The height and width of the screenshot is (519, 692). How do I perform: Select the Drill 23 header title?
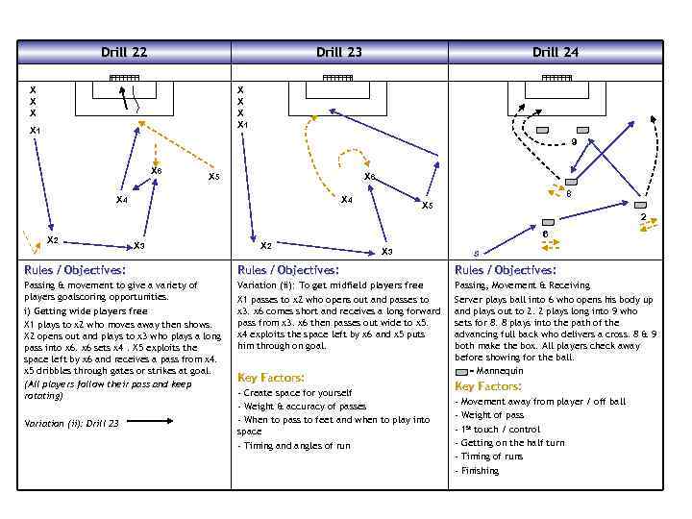339,52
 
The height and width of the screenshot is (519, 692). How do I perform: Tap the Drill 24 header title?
556,52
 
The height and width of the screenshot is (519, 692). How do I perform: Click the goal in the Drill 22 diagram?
124,78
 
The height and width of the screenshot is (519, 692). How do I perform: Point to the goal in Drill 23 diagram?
338,78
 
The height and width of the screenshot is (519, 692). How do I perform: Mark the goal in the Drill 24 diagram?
556,78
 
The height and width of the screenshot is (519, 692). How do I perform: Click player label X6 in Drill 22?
157,171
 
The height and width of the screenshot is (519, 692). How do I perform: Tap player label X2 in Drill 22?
53,240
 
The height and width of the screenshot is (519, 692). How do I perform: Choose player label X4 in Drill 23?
348,200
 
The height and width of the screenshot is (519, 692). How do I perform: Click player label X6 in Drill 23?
369,177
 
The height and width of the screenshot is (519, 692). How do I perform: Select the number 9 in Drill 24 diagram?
574,143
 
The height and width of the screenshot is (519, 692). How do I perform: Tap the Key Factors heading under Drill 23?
271,378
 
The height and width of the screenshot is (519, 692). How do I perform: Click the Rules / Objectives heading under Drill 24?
506,270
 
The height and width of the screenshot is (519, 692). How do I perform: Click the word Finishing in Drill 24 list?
480,471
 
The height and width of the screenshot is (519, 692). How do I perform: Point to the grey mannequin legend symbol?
463,370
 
